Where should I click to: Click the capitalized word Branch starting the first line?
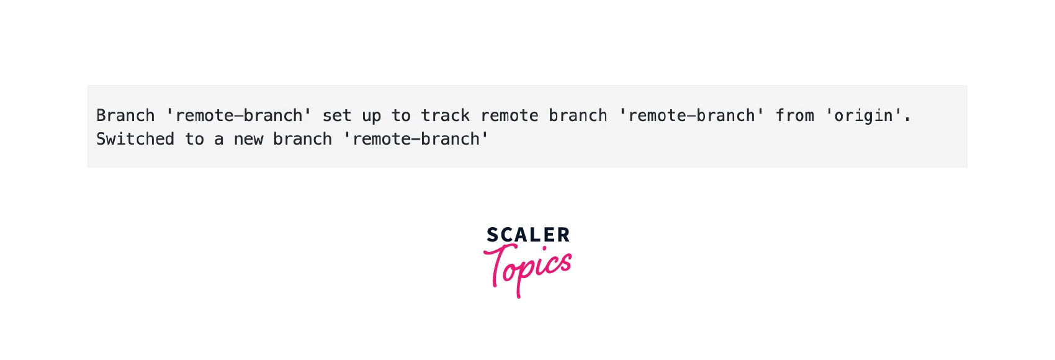126,115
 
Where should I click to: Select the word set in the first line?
337,115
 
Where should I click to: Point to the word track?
445,115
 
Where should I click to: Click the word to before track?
401,116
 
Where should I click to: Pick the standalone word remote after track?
509,116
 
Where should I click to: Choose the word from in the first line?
795,115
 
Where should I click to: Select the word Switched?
136,139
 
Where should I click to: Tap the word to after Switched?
194,140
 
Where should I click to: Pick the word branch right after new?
303,139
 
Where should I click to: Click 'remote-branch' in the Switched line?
416,139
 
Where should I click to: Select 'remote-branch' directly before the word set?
239,115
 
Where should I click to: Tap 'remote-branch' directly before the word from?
691,115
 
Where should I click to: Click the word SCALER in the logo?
528,235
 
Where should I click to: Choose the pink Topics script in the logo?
527,270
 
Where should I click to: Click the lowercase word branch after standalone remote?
578,115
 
